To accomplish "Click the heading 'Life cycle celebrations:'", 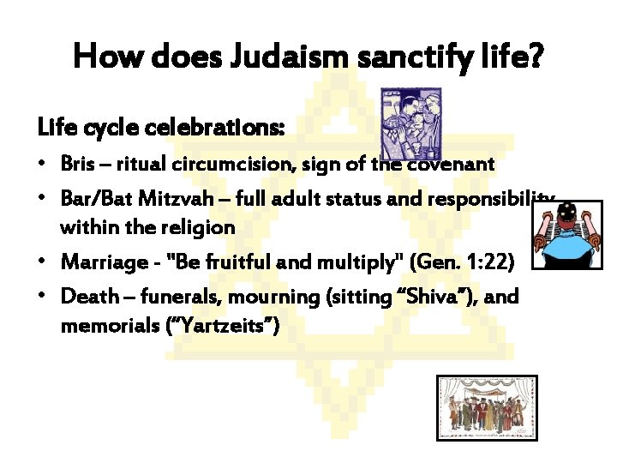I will tap(161, 128).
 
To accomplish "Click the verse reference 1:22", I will tap(509, 262).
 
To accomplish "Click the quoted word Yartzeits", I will tap(225, 327).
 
